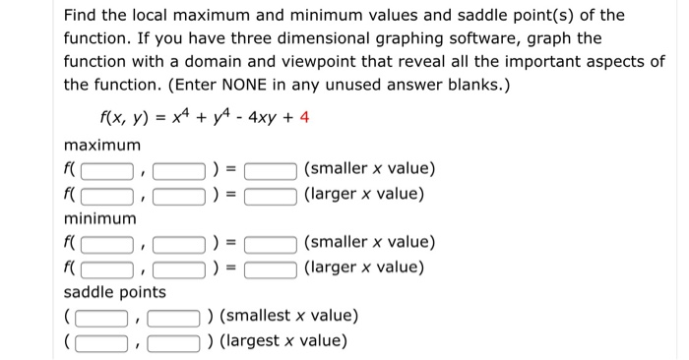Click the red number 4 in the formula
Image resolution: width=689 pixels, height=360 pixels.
point(304,118)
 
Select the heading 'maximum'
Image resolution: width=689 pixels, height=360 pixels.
point(102,146)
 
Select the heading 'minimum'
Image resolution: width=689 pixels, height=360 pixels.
point(100,218)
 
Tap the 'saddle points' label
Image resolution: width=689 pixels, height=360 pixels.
point(115,292)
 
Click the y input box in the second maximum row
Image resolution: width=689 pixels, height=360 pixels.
point(178,195)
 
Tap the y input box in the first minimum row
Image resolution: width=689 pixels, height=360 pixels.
point(178,243)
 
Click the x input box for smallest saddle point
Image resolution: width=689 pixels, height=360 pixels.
point(102,317)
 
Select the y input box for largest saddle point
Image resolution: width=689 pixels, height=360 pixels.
point(173,341)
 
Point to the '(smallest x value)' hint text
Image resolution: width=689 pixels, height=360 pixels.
point(288,317)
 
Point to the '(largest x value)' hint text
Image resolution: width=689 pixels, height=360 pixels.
point(283,341)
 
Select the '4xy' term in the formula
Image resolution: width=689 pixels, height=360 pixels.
point(264,118)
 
